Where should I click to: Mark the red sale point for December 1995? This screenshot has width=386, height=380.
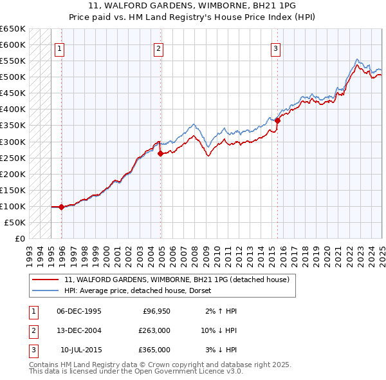click(61, 207)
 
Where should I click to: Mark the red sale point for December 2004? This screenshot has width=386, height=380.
click(161, 153)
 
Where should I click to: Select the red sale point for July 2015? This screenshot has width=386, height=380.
click(277, 120)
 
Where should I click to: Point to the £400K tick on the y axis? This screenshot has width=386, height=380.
click(13, 109)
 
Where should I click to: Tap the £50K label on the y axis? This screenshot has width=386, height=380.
click(15, 222)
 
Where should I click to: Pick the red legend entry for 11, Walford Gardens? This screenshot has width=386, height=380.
click(177, 280)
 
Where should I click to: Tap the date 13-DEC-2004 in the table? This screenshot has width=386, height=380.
click(79, 330)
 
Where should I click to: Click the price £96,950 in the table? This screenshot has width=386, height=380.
click(154, 311)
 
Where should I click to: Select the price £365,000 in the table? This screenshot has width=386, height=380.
click(154, 350)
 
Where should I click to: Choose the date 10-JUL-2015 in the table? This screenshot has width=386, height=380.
click(80, 350)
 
